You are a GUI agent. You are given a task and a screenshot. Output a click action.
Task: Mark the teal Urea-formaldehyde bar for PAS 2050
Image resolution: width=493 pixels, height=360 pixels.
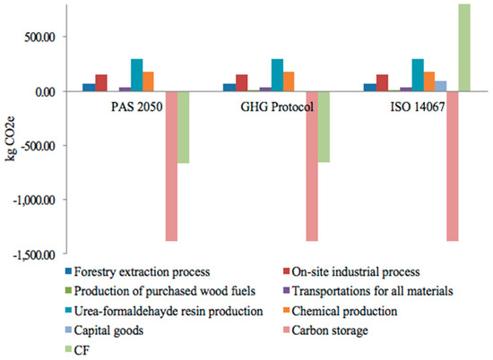(x=136, y=75)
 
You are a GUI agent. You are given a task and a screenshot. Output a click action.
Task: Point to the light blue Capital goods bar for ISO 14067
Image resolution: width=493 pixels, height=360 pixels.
(x=440, y=86)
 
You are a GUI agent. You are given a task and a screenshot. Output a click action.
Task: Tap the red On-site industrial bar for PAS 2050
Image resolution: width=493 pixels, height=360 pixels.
(x=101, y=82)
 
